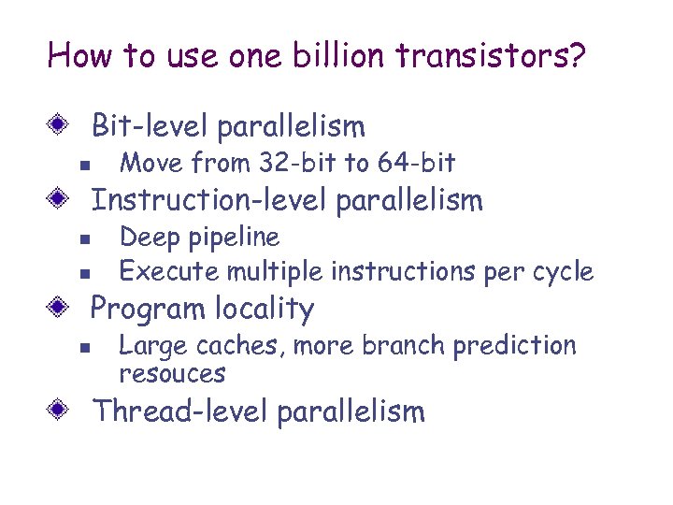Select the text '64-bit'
pos(418,164)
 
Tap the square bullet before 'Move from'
pos(84,166)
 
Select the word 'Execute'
pos(169,272)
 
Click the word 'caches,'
pos(244,346)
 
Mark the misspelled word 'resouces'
pos(172,374)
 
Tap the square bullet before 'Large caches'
pos(84,348)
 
